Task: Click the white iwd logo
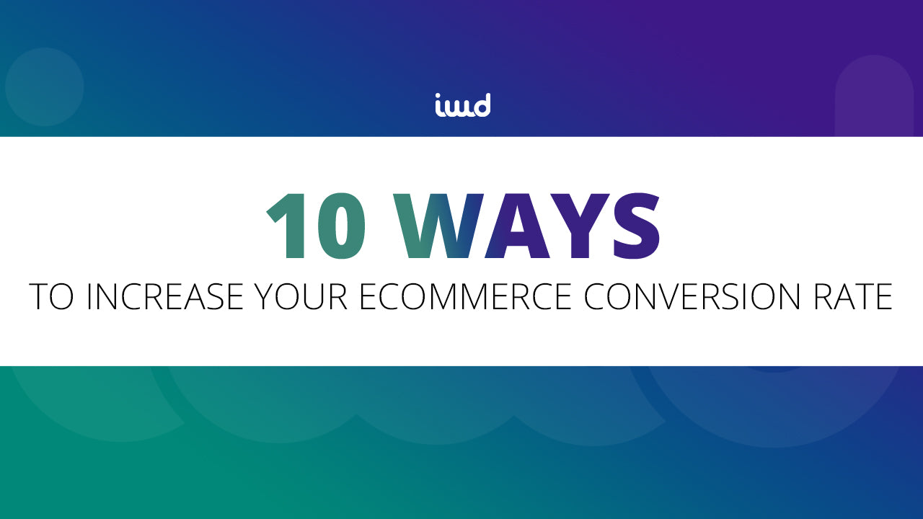point(462,105)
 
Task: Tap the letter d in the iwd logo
point(481,105)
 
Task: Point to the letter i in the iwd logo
point(439,106)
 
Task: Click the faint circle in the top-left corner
point(45,87)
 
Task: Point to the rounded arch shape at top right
point(874,97)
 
